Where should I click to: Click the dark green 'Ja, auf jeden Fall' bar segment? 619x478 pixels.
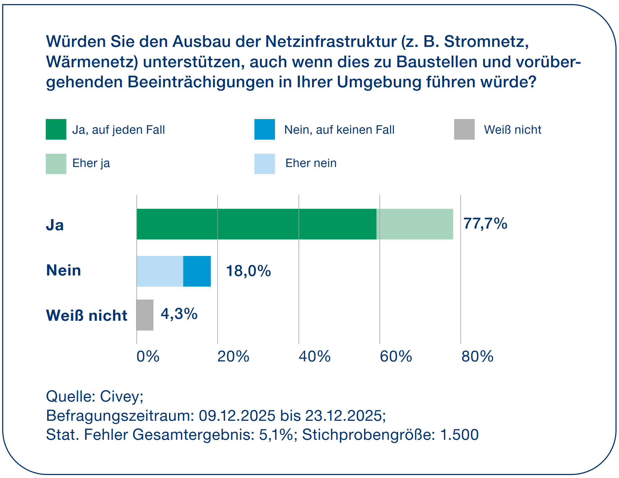[257, 224]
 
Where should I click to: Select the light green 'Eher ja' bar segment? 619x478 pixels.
[415, 224]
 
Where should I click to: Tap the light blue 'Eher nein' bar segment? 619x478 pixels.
[160, 271]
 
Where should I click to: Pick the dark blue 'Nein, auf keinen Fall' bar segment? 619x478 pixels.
[197, 271]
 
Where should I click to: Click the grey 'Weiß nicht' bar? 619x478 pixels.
[145, 315]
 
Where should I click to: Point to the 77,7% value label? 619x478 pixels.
[485, 223]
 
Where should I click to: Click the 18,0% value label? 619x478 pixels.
[248, 271]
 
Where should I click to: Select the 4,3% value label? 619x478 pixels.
[179, 314]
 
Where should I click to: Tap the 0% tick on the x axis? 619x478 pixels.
[148, 357]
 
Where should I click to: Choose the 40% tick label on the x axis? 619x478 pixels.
[314, 357]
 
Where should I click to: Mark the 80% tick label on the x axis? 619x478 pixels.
[477, 357]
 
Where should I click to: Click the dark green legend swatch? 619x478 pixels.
[56, 129]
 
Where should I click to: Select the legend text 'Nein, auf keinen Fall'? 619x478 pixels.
[339, 130]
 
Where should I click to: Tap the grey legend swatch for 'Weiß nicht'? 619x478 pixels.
[464, 129]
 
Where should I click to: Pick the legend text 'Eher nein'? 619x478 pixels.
[311, 163]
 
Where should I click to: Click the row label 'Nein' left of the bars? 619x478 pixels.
[64, 270]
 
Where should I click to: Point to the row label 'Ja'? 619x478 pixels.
[55, 225]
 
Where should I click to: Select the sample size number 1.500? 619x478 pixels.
[459, 435]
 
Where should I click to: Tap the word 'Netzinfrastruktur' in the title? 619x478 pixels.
[330, 42]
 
